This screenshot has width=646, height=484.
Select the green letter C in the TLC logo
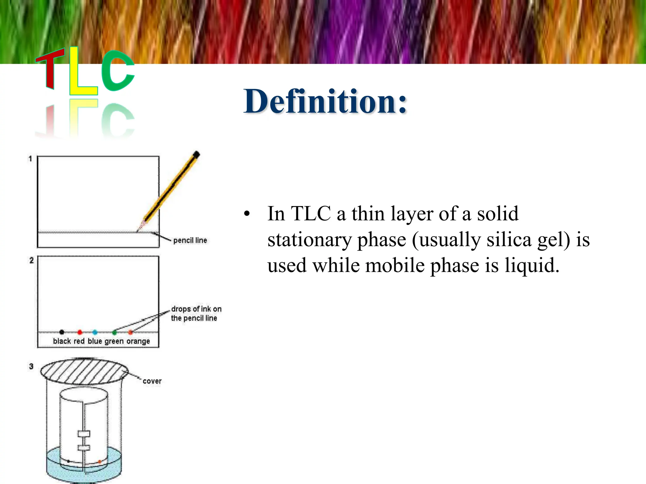click(x=117, y=71)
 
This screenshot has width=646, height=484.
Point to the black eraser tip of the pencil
click(x=196, y=155)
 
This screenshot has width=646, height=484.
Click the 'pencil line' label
click(x=190, y=240)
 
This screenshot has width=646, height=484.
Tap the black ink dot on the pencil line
click(x=62, y=332)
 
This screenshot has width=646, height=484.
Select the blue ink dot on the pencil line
click(x=95, y=332)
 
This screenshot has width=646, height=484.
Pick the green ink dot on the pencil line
click(x=115, y=332)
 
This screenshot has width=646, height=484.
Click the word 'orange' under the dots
click(x=138, y=341)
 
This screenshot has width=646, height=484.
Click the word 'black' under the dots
click(x=62, y=341)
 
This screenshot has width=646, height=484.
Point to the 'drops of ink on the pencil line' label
click(x=196, y=314)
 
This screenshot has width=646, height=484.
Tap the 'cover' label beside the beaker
click(x=152, y=381)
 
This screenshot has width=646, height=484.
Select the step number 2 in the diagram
click(x=31, y=261)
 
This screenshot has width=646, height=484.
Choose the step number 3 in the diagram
click(x=31, y=366)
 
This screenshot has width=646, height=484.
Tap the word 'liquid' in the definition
click(x=532, y=265)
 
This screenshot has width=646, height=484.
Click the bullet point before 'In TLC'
click(x=247, y=214)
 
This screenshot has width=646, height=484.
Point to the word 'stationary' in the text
click(x=309, y=240)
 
